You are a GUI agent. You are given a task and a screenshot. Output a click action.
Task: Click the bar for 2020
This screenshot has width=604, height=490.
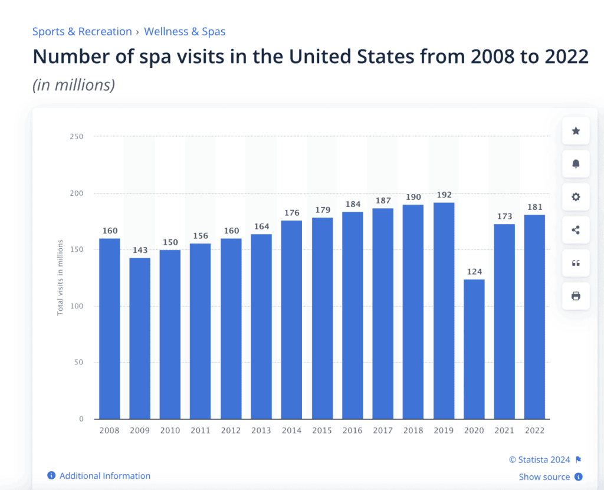(474, 349)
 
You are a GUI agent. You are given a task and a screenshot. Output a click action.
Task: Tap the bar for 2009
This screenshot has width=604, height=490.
(140, 338)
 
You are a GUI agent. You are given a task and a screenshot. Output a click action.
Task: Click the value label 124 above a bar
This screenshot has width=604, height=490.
(474, 272)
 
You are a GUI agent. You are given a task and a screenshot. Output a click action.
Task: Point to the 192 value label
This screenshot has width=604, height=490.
(444, 195)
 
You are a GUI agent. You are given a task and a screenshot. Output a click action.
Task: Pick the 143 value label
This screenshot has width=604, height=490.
(140, 251)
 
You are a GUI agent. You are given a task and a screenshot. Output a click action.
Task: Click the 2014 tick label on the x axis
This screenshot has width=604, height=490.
(291, 430)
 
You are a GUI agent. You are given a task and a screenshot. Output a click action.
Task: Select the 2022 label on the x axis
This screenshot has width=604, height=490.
(534, 430)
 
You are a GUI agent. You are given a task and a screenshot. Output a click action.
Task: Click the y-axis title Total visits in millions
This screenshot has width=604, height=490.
(60, 277)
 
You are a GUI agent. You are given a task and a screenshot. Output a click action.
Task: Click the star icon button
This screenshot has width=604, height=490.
(576, 131)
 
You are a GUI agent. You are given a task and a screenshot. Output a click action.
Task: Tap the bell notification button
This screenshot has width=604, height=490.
(576, 164)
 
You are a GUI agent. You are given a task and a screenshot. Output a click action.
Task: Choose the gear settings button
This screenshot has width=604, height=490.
(576, 197)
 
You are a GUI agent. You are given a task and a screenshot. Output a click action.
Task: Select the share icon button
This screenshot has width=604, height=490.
(576, 230)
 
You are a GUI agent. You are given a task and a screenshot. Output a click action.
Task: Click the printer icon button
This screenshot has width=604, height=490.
(576, 296)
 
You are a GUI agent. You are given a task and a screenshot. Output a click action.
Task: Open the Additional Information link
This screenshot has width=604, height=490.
(104, 476)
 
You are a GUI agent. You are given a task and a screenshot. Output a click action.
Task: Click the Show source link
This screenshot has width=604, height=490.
(544, 477)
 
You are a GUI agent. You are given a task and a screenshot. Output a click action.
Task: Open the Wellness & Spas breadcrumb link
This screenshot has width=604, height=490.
(185, 32)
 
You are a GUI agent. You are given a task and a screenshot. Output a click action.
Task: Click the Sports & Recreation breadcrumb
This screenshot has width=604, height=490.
(82, 32)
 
